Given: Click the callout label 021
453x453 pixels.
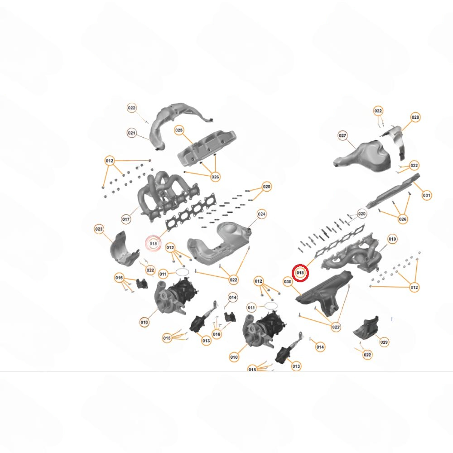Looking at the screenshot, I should (x=131, y=133).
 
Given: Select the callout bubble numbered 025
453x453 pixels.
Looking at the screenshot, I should (x=179, y=130).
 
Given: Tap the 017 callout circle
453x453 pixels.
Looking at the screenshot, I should (x=126, y=219).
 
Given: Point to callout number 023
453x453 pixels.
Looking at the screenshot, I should (x=99, y=229).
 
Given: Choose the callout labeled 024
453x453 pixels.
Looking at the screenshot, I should (x=261, y=214).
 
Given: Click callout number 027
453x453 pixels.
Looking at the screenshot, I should (x=342, y=136).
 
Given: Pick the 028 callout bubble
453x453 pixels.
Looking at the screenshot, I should (x=415, y=117).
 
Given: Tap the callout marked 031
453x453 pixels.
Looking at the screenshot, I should (x=426, y=196).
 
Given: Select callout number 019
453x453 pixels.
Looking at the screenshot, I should (x=392, y=239).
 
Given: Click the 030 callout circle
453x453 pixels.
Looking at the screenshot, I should (x=288, y=282).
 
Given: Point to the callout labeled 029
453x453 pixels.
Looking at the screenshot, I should (x=384, y=342).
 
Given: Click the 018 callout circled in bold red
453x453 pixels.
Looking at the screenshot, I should (x=300, y=273).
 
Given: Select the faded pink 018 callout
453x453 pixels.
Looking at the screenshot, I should (x=153, y=243).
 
